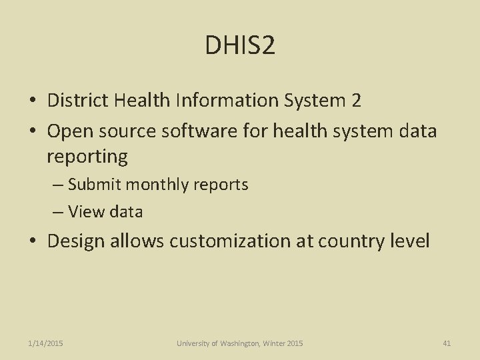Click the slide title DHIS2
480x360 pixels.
coord(240,45)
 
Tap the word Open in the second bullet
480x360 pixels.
coord(68,131)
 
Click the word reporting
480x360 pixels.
coord(87,157)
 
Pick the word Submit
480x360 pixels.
coord(94,185)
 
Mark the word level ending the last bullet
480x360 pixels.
coord(408,241)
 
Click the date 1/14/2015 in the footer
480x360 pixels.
coord(46,343)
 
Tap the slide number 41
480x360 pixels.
coord(447,343)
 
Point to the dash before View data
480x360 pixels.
coord(57,213)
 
